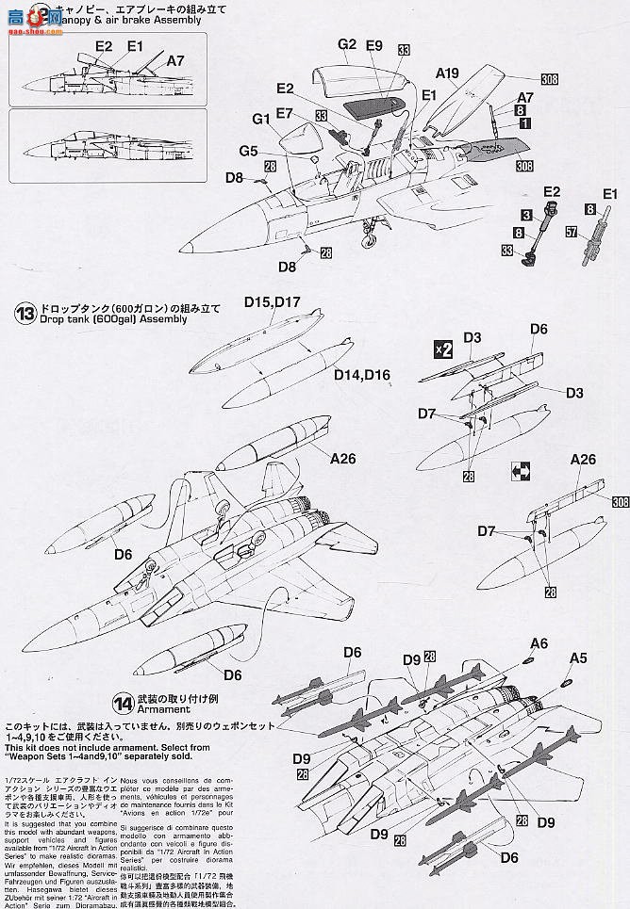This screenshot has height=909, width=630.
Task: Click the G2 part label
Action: [x=346, y=44]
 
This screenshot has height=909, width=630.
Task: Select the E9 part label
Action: [x=374, y=44]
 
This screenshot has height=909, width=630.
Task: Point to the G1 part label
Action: [x=260, y=118]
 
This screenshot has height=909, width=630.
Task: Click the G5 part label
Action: [x=249, y=151]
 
